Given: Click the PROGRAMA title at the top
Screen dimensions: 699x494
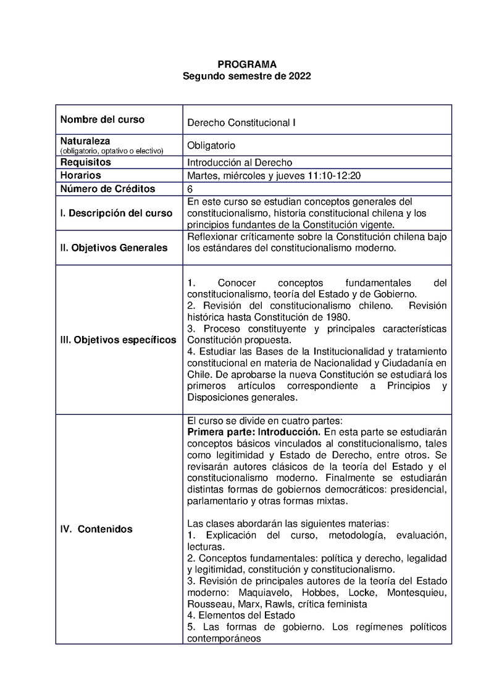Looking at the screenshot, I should (247, 65).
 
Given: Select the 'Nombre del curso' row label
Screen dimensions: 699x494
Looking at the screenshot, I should (102, 120).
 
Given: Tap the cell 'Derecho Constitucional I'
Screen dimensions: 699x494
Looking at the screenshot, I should (241, 123).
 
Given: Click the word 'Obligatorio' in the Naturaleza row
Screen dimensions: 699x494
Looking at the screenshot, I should (211, 146).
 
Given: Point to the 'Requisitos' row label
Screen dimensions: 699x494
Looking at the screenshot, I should (85, 162).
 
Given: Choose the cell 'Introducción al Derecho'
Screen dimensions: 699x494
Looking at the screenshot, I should (239, 162).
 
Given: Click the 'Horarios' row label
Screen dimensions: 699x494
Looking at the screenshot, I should (80, 175).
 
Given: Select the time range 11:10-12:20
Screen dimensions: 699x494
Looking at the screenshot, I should (334, 176).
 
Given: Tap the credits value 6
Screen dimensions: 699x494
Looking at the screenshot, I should (190, 189).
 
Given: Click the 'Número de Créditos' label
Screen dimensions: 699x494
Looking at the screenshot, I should (107, 189).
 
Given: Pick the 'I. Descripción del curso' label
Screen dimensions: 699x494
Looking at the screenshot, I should (116, 213).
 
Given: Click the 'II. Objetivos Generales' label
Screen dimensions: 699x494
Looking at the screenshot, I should (114, 248).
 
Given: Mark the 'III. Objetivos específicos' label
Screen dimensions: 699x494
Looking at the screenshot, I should (118, 340).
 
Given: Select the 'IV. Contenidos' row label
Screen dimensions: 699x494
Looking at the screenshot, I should (96, 529).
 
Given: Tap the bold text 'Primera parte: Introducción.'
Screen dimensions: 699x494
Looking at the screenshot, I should (254, 431).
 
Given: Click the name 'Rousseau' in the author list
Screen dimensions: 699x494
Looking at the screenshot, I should (208, 604).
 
